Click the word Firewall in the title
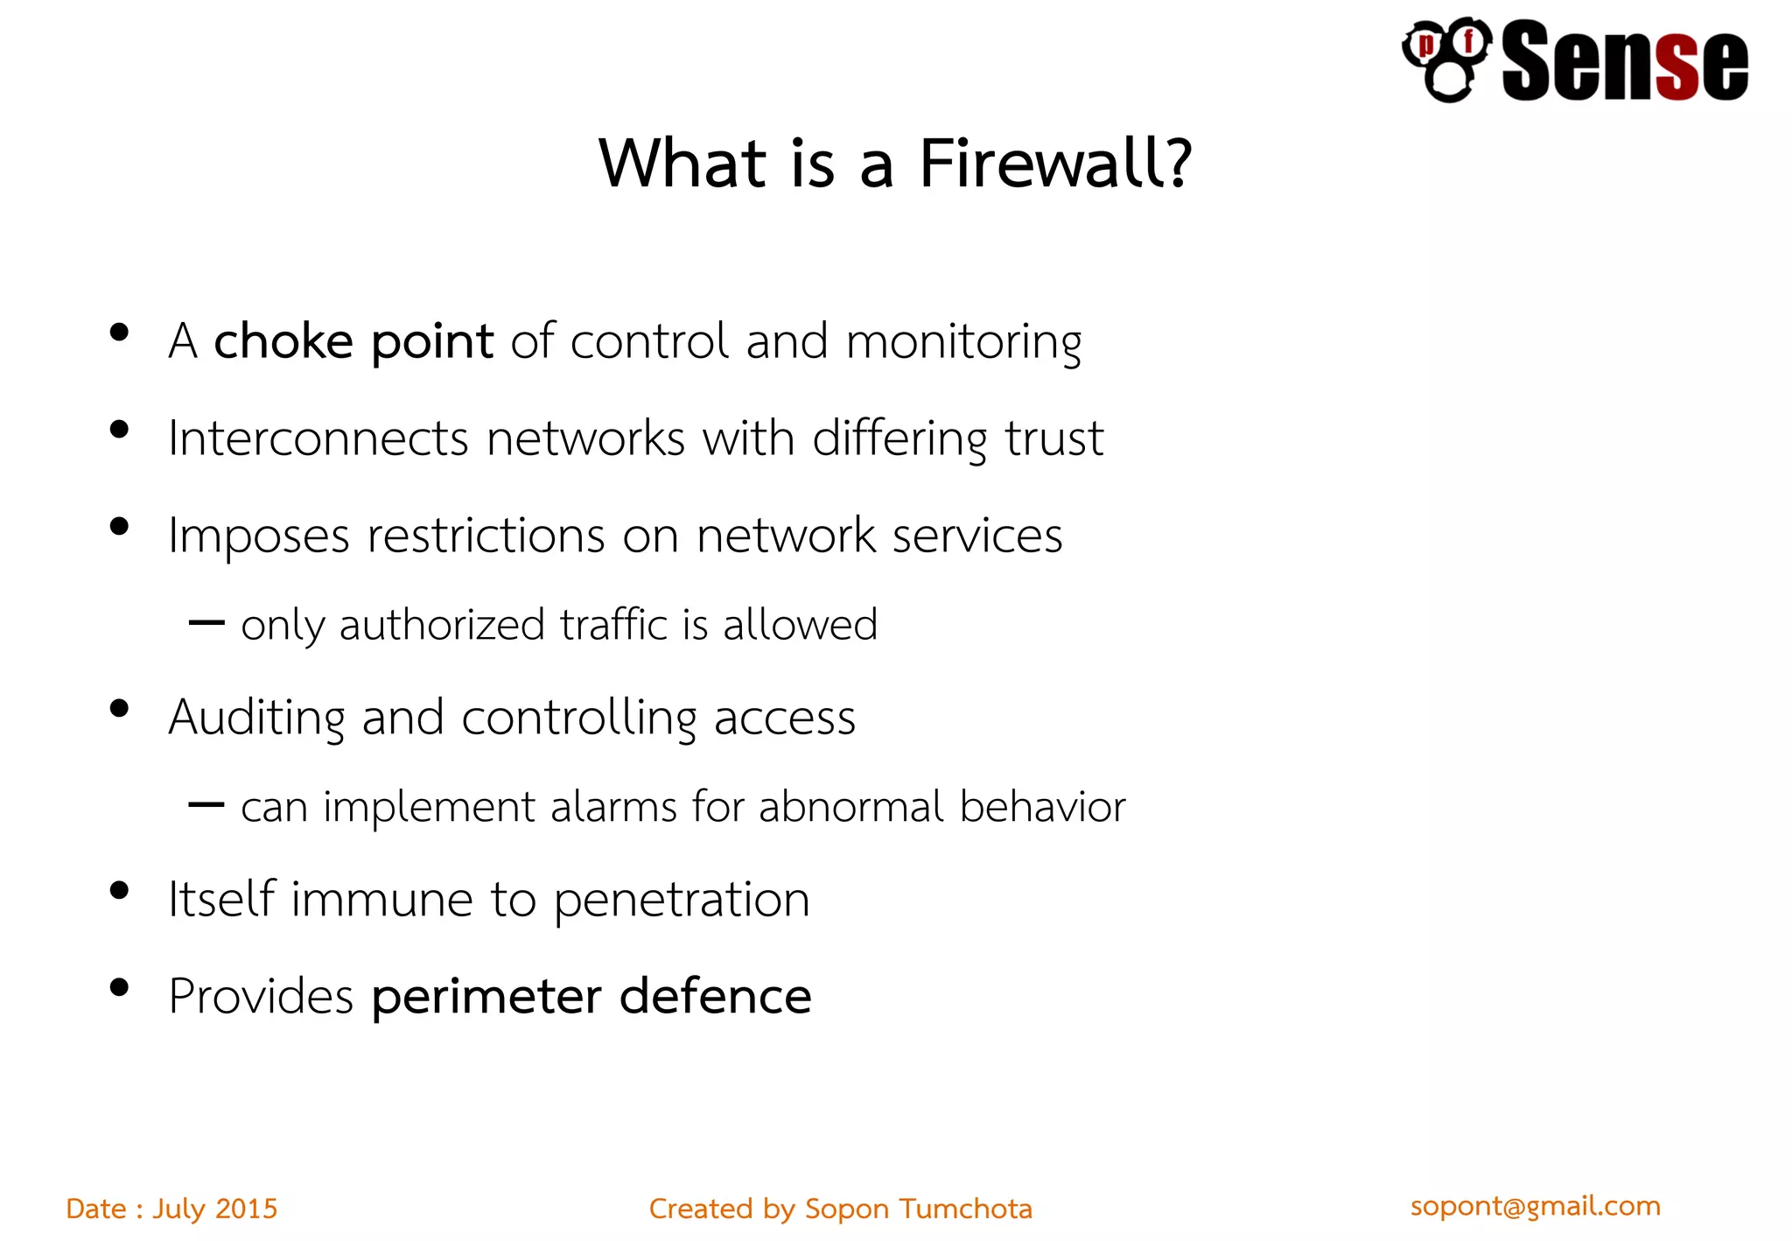(x=1042, y=164)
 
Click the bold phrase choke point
(x=353, y=341)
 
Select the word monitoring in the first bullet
(x=963, y=341)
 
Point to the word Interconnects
(x=318, y=438)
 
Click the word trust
(x=1053, y=438)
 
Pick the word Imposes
(x=258, y=536)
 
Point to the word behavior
(x=1042, y=807)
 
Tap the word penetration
(x=682, y=901)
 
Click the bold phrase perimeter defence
(x=591, y=997)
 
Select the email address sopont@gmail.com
(x=1535, y=1206)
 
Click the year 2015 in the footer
(x=246, y=1209)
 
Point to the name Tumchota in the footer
(x=966, y=1209)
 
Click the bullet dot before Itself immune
(x=119, y=891)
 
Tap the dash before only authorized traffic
(x=206, y=623)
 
